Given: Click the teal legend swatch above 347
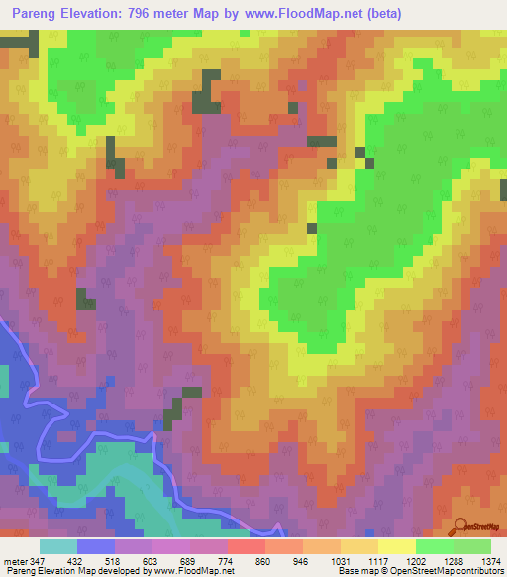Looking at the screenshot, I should click(57, 546).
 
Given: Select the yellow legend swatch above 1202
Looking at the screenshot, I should click(396, 546).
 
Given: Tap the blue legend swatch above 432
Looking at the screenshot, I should click(95, 546).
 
